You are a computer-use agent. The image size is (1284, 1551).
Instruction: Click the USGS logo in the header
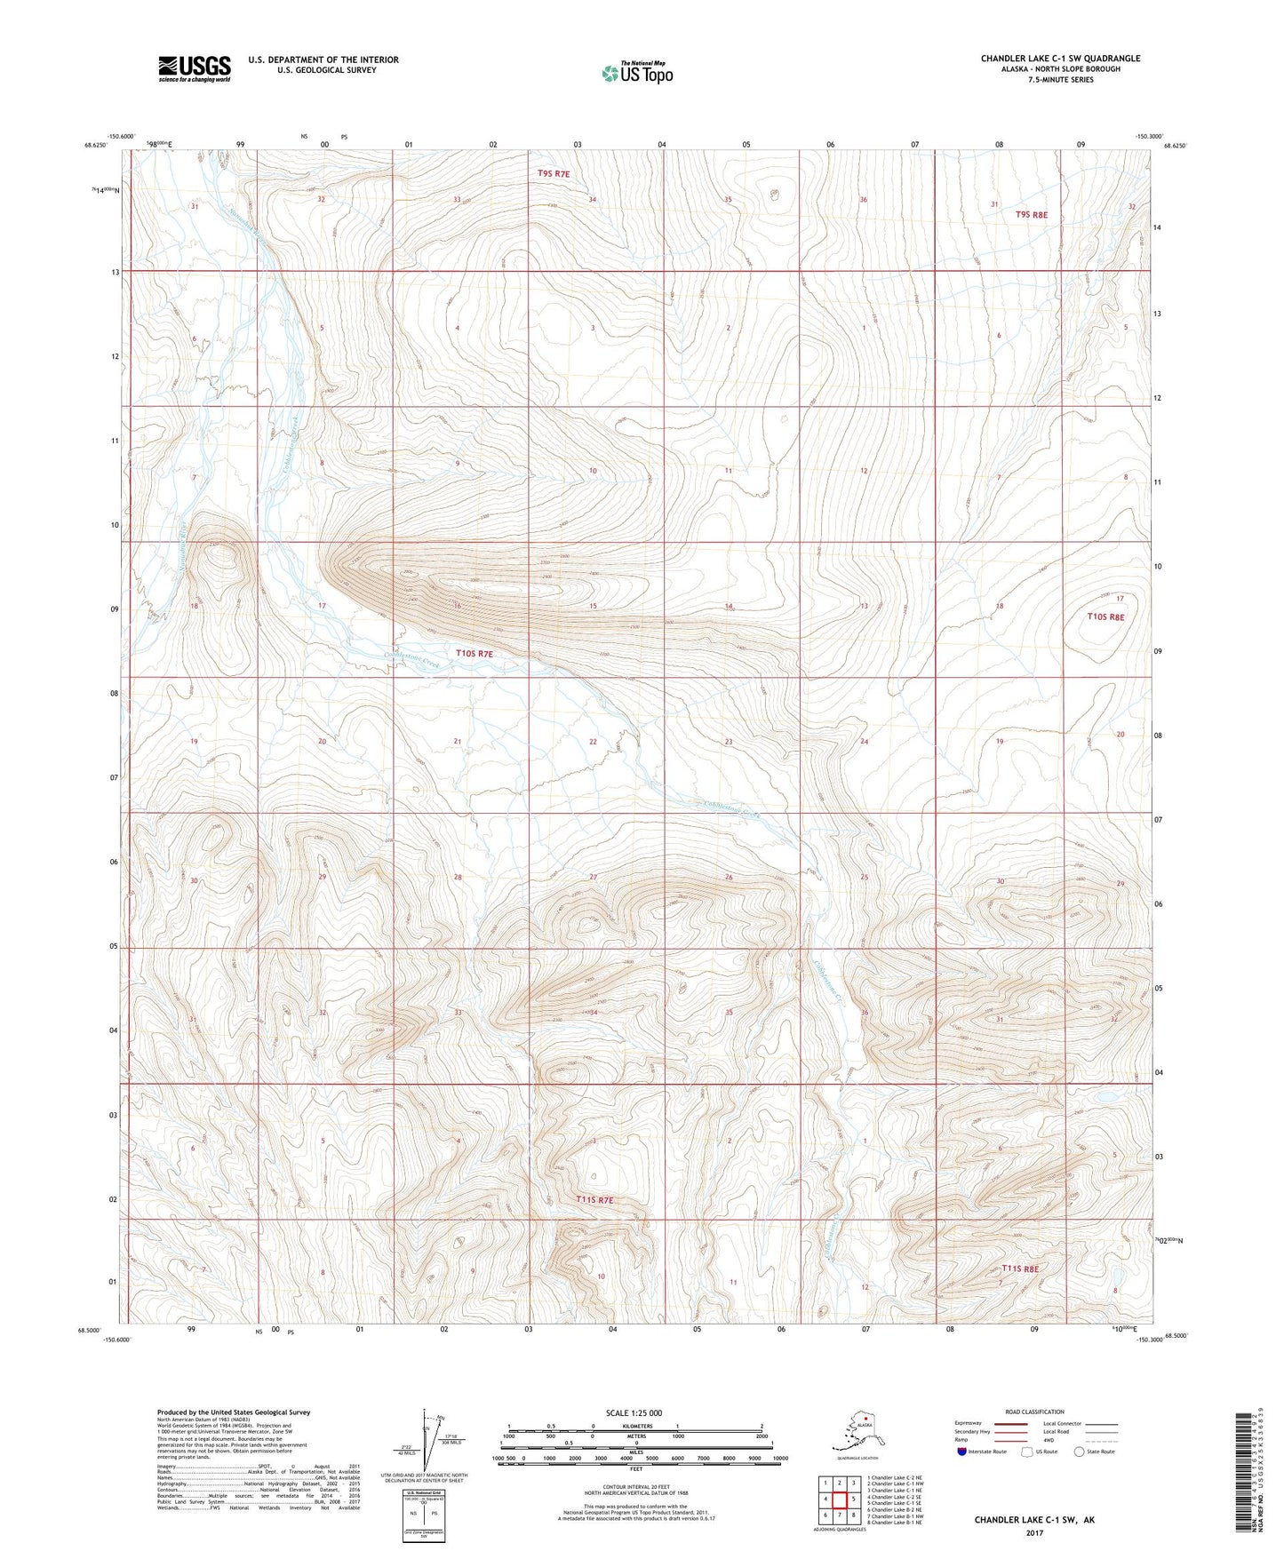click(x=195, y=68)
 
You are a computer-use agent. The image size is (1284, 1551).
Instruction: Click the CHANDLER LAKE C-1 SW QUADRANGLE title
click(x=1060, y=59)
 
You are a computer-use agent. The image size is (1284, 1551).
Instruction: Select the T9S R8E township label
click(x=1032, y=215)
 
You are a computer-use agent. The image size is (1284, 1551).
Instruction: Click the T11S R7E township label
click(x=594, y=1200)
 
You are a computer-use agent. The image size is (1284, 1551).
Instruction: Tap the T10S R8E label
click(x=1106, y=616)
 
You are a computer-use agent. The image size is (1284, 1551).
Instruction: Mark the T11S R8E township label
click(x=1020, y=1269)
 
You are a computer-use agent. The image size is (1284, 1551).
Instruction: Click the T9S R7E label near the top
click(x=554, y=174)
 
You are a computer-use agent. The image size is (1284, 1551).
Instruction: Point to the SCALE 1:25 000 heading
click(x=634, y=1412)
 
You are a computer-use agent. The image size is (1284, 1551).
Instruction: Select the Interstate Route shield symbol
click(x=962, y=1452)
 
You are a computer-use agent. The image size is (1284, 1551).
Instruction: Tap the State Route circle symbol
click(x=1079, y=1452)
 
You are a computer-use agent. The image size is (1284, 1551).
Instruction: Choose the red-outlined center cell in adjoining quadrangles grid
click(x=839, y=1499)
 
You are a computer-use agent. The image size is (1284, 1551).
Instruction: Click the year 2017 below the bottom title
click(x=1033, y=1532)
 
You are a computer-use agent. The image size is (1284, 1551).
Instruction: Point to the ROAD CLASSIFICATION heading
click(x=1034, y=1412)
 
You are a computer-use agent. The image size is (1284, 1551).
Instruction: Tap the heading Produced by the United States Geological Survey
click(x=234, y=1412)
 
